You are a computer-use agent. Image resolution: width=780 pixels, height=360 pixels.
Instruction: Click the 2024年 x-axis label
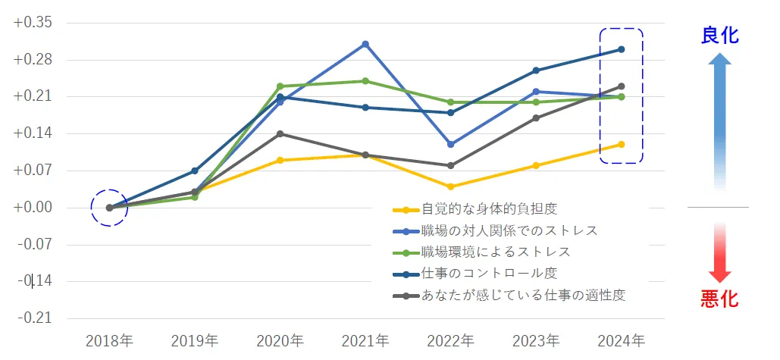tap(621, 341)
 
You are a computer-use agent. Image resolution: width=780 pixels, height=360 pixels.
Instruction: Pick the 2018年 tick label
tap(110, 341)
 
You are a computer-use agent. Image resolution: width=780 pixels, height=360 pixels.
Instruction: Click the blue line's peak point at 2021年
tap(365, 44)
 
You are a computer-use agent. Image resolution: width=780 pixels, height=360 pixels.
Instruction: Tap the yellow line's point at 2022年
tap(450, 186)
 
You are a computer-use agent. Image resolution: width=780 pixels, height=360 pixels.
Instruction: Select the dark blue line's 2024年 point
tap(621, 49)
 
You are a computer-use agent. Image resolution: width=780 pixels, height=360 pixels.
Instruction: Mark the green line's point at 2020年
tap(280, 86)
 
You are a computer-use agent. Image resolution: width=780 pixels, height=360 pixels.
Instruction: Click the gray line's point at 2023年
tap(536, 118)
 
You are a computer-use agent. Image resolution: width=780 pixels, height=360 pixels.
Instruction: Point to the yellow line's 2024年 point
tap(621, 144)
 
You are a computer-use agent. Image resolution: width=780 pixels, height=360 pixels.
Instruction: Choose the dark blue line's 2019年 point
tap(195, 171)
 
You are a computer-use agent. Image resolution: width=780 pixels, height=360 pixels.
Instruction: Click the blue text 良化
tap(720, 35)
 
